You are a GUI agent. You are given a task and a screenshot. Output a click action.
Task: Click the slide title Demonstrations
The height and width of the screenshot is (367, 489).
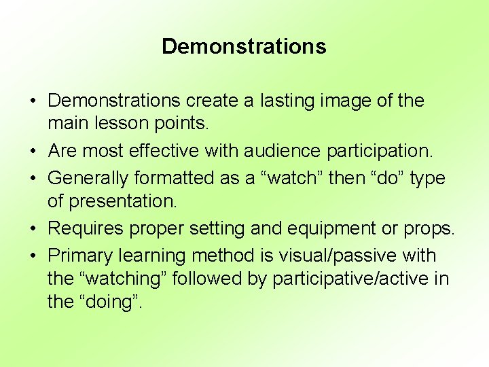(244, 46)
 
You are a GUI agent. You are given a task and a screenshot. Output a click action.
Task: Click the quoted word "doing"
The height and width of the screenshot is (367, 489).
(108, 302)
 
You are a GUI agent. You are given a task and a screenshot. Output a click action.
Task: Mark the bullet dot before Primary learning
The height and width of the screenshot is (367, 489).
(33, 256)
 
